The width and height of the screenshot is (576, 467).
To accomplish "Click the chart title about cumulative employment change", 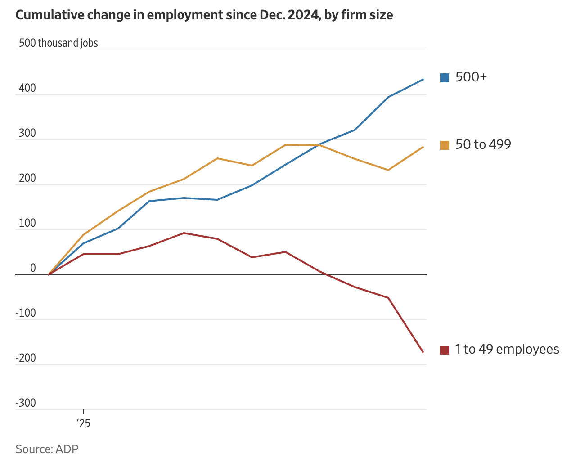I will [204, 15].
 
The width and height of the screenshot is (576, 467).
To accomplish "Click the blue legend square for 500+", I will [445, 78].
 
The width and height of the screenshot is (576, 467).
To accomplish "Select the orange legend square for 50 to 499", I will [445, 145].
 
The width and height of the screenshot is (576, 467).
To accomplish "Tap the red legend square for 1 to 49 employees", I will [445, 350].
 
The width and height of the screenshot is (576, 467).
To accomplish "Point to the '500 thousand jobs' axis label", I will [58, 43].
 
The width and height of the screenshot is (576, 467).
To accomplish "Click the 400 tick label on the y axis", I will [27, 88].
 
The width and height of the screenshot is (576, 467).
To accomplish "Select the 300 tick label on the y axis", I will [27, 133].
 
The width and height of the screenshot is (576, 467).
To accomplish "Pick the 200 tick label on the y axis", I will [27, 178].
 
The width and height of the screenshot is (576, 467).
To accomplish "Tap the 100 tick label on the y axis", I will [27, 223].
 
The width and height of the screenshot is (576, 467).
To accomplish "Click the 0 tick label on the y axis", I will [33, 268].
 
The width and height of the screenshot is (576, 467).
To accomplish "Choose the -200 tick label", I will [26, 358].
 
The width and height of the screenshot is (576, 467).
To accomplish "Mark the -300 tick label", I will [26, 403].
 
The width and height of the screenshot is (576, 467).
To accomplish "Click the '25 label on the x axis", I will [83, 423].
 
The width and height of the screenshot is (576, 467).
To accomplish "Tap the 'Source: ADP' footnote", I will [47, 449].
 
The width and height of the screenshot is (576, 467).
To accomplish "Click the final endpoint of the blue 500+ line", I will [423, 80].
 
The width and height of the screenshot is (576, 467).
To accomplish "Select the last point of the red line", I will [423, 352].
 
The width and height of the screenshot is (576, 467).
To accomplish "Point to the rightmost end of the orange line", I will [423, 147].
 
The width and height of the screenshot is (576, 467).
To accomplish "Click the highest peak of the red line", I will [184, 233].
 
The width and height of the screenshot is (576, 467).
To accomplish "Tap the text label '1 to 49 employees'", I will [507, 350].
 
